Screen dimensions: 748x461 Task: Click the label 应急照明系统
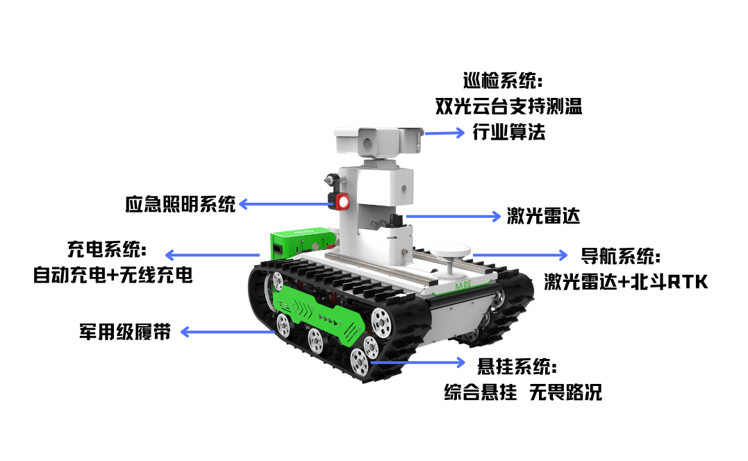181,204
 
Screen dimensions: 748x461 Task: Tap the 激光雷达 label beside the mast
543,216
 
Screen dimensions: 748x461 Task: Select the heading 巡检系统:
503,81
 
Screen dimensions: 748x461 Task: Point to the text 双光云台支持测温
508,106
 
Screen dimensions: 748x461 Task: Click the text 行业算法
508,132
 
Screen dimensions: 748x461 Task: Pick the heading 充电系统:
107,249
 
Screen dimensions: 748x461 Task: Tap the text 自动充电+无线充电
113,275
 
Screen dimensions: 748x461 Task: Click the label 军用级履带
125,332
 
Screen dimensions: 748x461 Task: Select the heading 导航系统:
621,256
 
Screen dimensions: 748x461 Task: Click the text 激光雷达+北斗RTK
626,282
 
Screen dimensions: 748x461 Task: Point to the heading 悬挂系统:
517,367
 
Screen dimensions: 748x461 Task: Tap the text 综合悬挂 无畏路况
523,392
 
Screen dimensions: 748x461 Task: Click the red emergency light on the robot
342,201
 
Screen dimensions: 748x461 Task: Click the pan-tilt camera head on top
379,141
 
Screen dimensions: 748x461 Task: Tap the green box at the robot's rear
299,243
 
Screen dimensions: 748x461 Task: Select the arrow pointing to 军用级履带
228,332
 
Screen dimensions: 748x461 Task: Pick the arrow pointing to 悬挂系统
417,362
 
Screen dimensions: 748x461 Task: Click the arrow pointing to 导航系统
520,255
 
